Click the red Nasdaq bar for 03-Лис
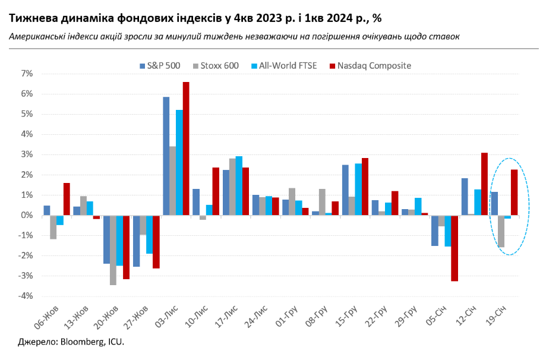coord(186,149)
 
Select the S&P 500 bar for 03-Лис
coord(166,156)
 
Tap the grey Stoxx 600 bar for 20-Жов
coord(113,250)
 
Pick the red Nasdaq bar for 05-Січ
coord(454,248)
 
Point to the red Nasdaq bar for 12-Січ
coord(484,184)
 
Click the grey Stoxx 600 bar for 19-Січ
coord(501,231)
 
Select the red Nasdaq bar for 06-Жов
coord(67,199)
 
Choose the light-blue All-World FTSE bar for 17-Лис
coord(239,186)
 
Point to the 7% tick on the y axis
coord(27,74)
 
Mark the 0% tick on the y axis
coord(27,216)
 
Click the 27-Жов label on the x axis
coord(135,316)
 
